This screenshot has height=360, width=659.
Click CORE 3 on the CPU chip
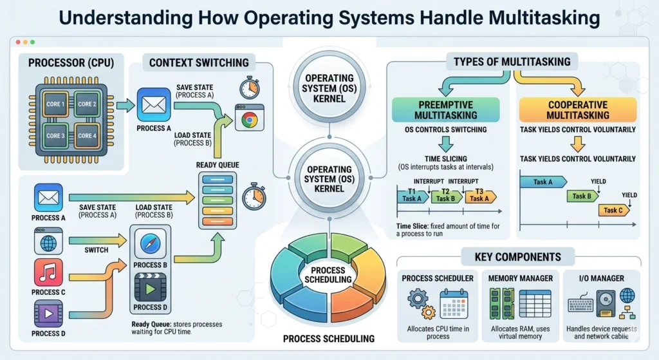(x=55, y=136)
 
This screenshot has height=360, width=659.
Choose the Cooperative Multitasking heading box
(x=578, y=109)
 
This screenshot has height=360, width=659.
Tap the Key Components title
(x=517, y=257)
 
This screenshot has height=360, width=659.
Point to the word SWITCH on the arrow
(x=96, y=249)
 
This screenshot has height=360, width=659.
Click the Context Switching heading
(x=199, y=62)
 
